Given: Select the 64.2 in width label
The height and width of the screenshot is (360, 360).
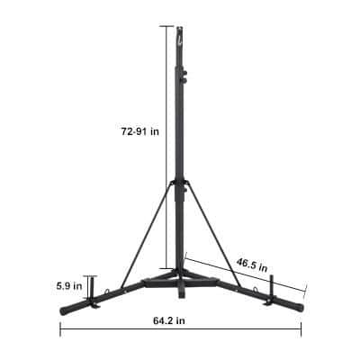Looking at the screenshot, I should tap(169, 319).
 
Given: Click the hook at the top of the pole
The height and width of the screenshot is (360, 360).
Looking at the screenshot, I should tap(180, 31).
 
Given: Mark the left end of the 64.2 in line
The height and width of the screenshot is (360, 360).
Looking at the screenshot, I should tap(60, 329).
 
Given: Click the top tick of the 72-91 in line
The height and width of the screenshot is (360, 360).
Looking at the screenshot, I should tap(168, 26).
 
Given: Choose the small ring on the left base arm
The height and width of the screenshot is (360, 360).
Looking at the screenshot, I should tap(107, 291).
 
